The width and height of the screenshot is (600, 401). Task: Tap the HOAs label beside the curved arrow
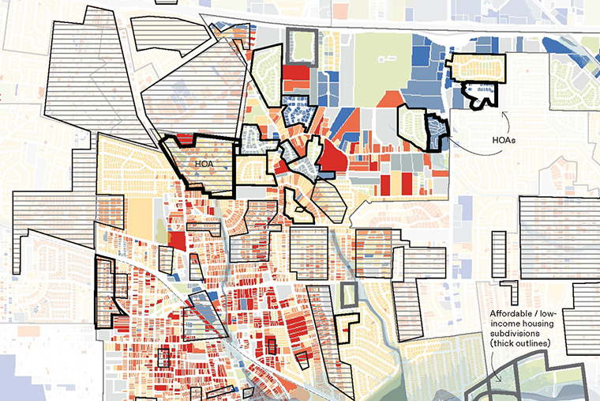(505, 139)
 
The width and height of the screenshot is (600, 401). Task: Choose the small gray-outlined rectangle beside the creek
(348, 295)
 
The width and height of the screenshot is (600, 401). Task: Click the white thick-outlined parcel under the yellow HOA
(481, 95)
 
